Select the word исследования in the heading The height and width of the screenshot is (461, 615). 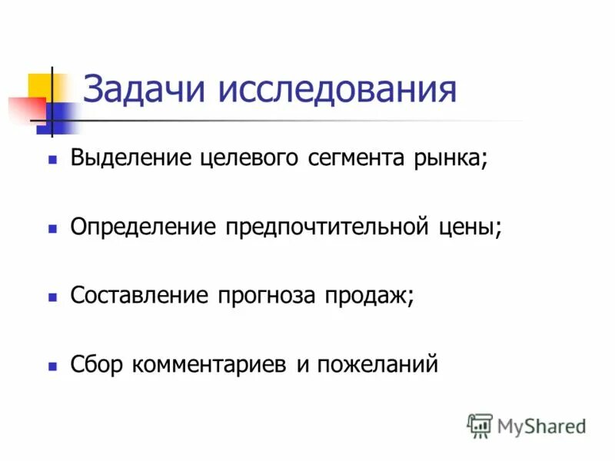pos(337,89)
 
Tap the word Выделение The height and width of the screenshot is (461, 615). pos(131,158)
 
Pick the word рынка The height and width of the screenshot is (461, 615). pos(452,159)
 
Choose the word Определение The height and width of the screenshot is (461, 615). pos(142,227)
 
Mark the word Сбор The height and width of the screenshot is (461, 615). pos(96,363)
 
